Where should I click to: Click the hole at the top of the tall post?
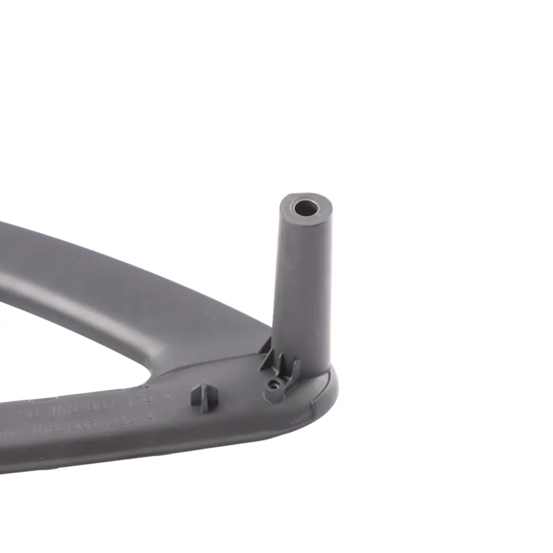pos(306,208)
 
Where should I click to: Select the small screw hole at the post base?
pos(273,383)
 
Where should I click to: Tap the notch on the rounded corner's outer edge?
pos(313,405)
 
